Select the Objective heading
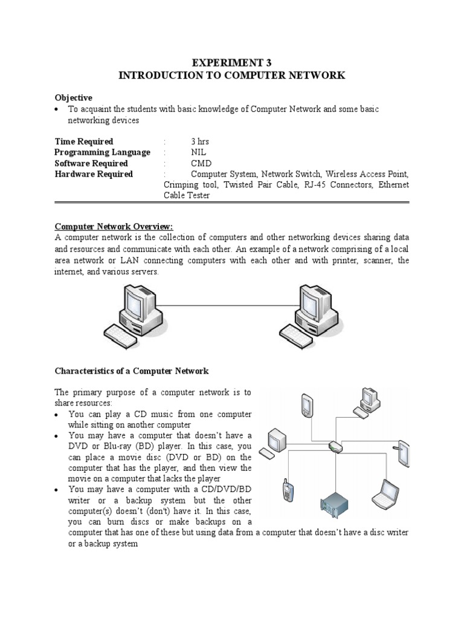(73, 97)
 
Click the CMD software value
(201, 163)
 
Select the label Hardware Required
(94, 174)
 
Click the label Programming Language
(102, 152)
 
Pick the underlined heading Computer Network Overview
(114, 227)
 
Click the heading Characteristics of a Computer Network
(131, 371)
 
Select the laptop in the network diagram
(384, 494)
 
